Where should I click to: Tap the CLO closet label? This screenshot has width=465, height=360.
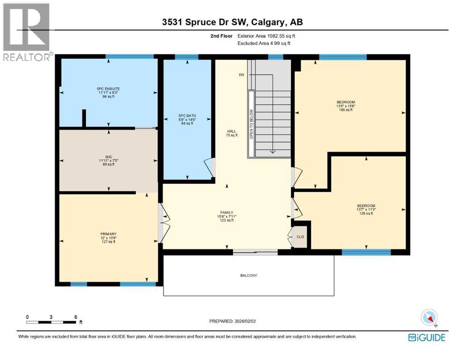300,237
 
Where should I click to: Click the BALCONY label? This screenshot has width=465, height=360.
248,276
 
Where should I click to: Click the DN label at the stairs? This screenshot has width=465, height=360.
241,75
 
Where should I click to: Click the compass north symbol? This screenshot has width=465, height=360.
429,318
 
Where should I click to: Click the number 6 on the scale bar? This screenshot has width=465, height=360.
75,317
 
